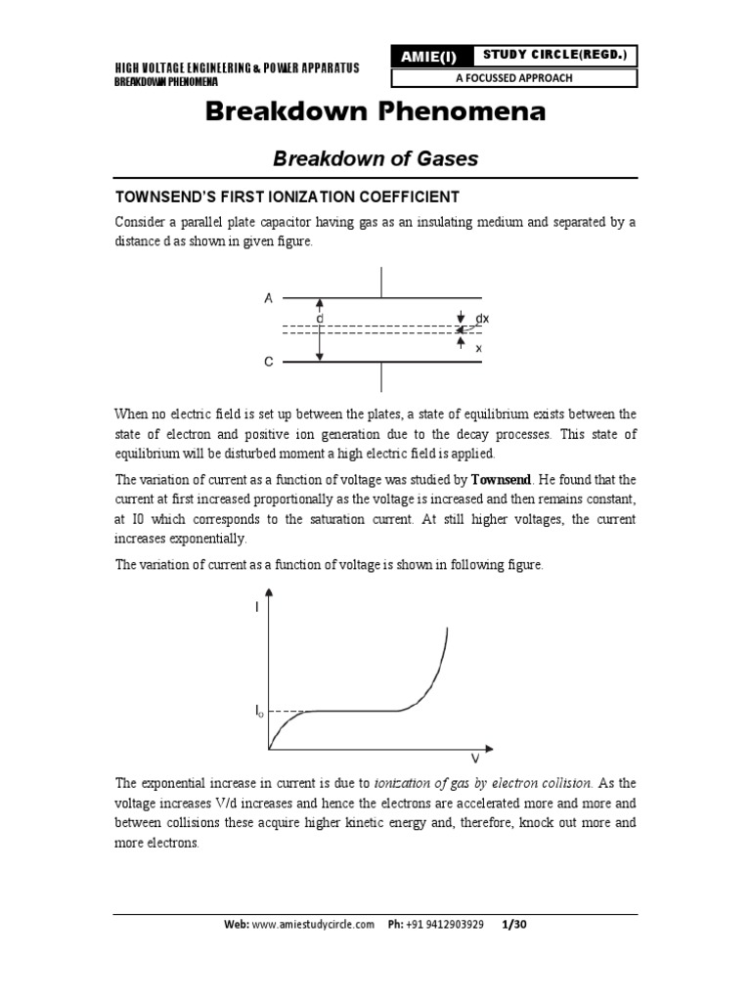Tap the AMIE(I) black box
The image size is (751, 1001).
click(427, 58)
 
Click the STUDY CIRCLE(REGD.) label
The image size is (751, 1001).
click(553, 55)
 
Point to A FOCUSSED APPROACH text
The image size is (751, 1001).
click(553, 78)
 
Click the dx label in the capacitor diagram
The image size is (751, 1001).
click(482, 319)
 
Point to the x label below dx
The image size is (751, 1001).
click(478, 348)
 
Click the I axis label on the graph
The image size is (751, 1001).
click(258, 608)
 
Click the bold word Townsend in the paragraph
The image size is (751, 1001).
click(503, 480)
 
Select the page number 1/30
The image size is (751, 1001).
click(514, 925)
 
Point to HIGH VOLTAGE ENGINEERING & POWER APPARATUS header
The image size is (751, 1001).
click(238, 67)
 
